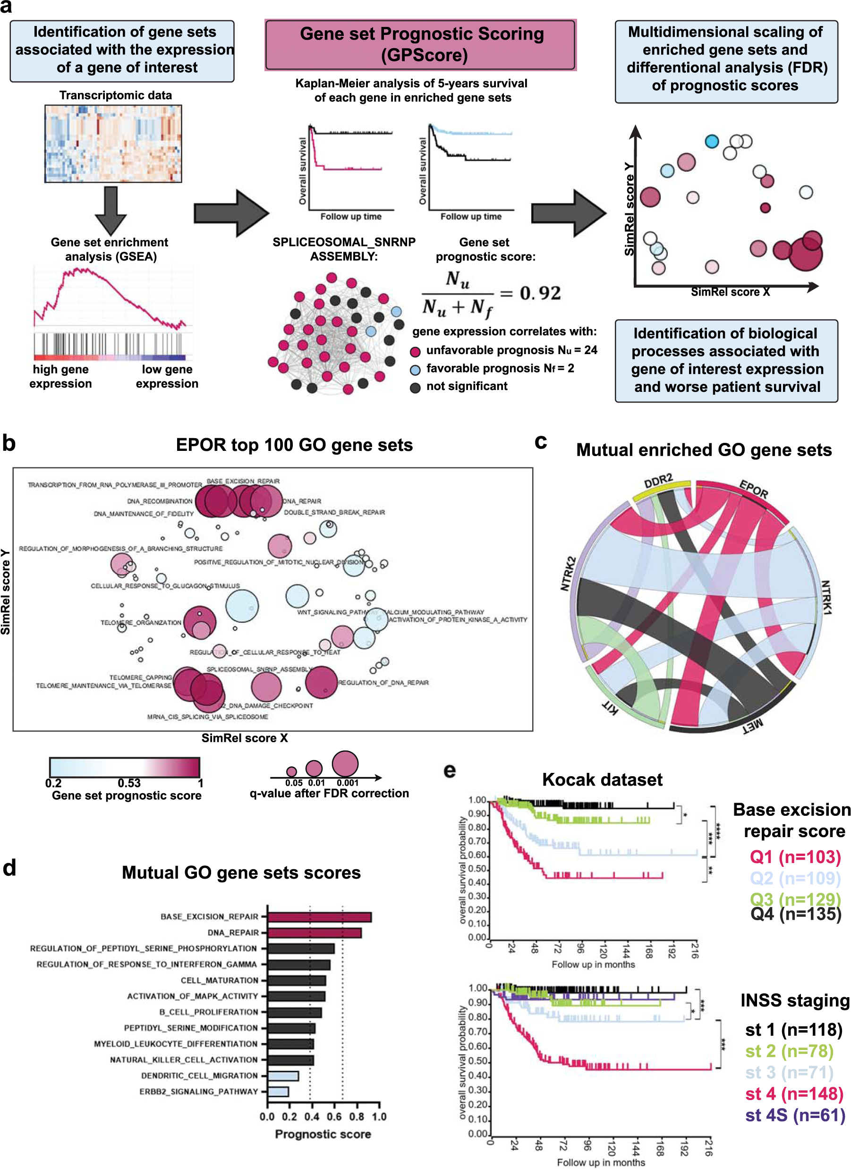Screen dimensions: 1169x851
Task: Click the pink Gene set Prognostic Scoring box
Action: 420,45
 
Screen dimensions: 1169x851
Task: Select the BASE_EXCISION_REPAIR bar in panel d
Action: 319,917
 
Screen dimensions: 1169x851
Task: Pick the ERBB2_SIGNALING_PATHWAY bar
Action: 278,1092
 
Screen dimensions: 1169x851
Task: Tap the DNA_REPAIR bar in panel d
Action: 314,933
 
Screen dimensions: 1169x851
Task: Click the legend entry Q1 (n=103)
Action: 795,856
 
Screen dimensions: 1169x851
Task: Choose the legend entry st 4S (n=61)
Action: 795,1115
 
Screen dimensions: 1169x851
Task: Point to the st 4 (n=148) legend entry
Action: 794,1094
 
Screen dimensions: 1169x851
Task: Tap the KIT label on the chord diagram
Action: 610,709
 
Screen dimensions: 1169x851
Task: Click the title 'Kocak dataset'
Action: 602,779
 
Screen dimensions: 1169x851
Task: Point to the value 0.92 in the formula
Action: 540,293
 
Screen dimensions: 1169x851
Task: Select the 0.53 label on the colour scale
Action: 129,783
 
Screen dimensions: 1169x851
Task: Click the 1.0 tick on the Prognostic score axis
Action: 379,1117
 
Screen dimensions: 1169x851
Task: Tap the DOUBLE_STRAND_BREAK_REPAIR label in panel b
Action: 334,512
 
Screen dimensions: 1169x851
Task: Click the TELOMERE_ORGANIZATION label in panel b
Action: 141,623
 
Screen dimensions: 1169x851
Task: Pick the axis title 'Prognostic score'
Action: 323,1134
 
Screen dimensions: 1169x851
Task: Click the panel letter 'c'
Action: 541,442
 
